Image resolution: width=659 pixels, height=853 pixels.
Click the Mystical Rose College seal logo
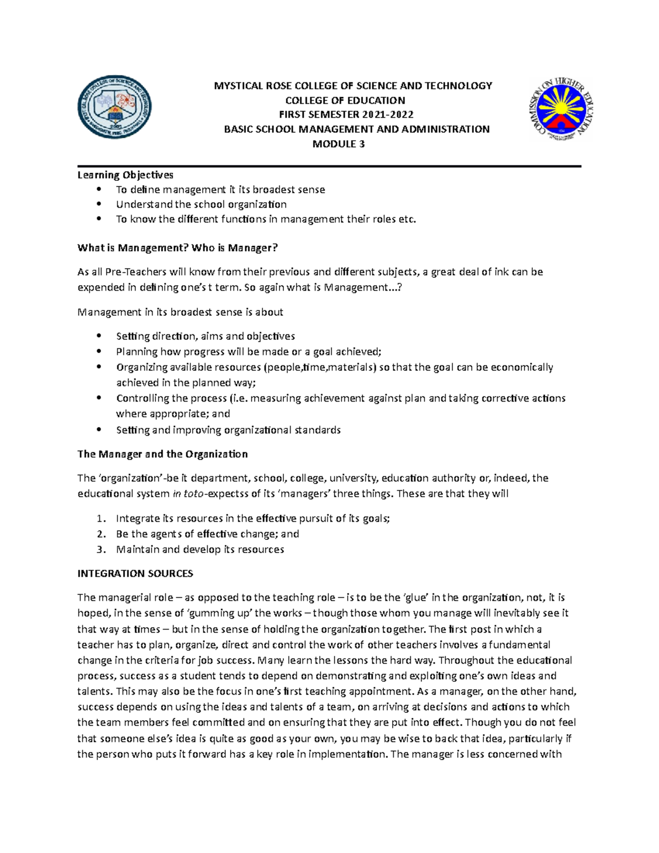point(114,107)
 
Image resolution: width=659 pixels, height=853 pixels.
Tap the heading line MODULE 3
point(338,144)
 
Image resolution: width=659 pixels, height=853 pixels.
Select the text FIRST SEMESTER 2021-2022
point(346,115)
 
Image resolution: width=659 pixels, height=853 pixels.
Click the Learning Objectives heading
point(125,175)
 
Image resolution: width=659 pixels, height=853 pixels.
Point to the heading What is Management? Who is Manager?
point(177,248)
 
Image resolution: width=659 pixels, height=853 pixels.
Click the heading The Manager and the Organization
point(163,454)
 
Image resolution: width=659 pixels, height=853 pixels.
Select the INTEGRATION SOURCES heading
point(135,573)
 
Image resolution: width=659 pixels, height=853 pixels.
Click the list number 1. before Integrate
point(100,519)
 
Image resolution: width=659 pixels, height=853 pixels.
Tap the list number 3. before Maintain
point(100,549)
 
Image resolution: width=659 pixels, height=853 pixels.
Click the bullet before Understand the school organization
point(99,204)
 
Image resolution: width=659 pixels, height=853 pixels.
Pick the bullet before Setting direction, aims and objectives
point(99,336)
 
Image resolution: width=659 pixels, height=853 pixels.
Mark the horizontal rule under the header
point(329,166)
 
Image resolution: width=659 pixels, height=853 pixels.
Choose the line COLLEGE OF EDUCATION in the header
point(345,101)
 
